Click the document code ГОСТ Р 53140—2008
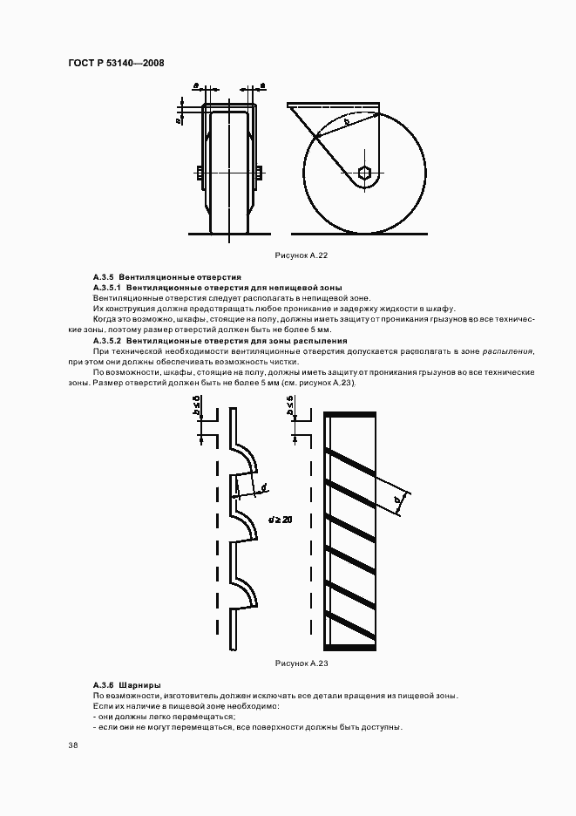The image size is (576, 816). coord(115,63)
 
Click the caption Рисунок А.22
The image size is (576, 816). coord(301,255)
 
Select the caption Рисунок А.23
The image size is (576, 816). coord(301,663)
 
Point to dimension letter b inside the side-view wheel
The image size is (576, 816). coord(346,123)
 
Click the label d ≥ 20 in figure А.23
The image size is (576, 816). coord(281,519)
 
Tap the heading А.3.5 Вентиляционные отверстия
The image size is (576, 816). coord(166,276)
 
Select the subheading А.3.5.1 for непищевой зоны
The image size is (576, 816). coord(217,287)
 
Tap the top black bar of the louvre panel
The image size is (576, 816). coord(350,414)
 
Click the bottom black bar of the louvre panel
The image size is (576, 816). coord(350,646)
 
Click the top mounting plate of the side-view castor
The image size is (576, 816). coord(335,106)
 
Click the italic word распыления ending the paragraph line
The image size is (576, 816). coord(509,351)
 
